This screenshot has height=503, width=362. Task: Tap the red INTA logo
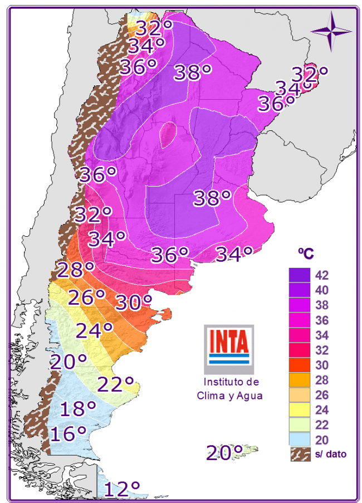tap(229, 344)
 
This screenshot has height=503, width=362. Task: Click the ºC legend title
tap(305, 253)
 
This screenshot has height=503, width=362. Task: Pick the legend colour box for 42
tap(300, 275)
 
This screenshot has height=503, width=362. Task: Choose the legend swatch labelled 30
tap(300, 365)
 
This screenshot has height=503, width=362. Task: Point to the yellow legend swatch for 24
tap(300, 411)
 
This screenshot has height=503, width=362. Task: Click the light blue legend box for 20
tap(300, 440)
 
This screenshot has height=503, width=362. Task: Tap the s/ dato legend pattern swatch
tap(300, 455)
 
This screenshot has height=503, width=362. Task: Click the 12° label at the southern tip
tap(122, 489)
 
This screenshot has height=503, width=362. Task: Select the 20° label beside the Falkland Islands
tap(224, 452)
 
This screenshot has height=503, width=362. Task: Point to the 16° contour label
tap(68, 433)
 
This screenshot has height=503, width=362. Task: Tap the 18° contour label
tap(78, 409)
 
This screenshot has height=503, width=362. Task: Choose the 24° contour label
tap(95, 331)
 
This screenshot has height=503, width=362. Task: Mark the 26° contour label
tap(86, 297)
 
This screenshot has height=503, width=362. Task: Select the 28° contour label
tap(75, 270)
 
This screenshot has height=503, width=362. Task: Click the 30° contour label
tap(134, 302)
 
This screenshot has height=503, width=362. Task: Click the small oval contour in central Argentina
tap(169, 134)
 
